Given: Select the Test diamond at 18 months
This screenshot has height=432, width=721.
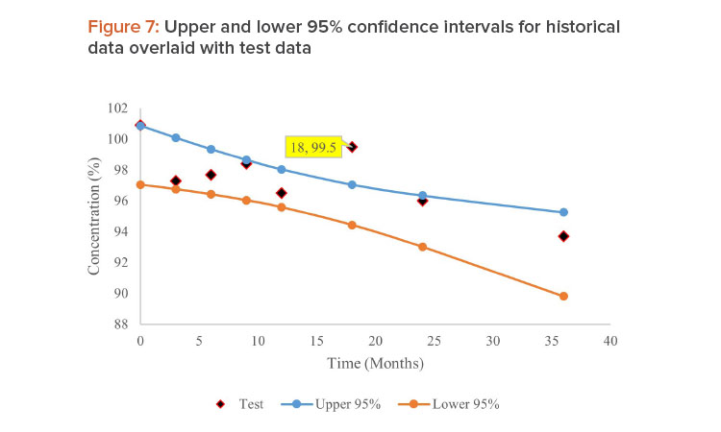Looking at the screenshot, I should [352, 147].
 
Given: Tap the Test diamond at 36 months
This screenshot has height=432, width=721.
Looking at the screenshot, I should [563, 236].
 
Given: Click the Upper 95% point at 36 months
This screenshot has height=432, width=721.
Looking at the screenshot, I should [563, 212].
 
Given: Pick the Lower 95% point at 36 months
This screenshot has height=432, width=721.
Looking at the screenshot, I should [563, 296].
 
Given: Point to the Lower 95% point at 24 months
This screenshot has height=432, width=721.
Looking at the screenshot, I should [422, 247].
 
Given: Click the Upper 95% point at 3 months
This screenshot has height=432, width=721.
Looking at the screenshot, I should [176, 137].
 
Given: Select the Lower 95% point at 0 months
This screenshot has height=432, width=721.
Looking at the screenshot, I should [140, 184].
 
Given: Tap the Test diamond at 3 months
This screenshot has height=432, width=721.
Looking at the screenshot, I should [176, 180].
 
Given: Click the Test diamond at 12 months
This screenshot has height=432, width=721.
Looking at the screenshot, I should [282, 193].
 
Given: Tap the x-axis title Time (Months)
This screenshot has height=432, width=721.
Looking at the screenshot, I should [375, 364].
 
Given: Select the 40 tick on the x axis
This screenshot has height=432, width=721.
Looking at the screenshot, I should [609, 341].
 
